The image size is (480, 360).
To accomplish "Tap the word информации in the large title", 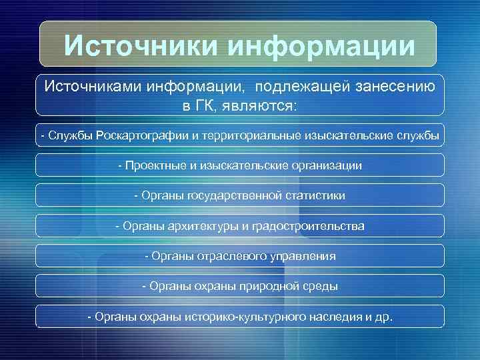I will [x=321, y=46].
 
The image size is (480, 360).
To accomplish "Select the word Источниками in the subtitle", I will [x=94, y=86].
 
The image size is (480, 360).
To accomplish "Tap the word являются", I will [x=265, y=105].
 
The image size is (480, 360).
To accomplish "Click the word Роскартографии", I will [x=142, y=136].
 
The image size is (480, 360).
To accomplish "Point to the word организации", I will [x=323, y=165].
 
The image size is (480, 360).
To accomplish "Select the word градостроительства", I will [x=307, y=226].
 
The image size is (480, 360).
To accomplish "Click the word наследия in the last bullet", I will [x=337, y=316].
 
